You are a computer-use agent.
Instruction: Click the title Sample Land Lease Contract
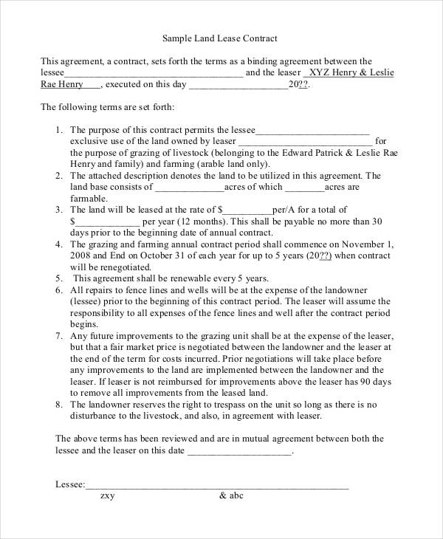(x=220, y=37)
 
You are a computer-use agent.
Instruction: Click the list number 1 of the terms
(x=59, y=129)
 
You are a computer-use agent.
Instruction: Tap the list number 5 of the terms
(x=59, y=279)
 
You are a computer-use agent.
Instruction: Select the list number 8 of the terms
(x=59, y=404)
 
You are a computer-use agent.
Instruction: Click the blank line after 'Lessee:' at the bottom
(x=217, y=485)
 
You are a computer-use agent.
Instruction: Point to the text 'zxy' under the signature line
(x=107, y=496)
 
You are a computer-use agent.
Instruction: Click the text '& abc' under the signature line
(x=231, y=496)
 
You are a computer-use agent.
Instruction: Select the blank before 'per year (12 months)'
(x=105, y=221)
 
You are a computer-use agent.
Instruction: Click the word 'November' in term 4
(x=356, y=244)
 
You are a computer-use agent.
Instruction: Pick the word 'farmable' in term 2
(x=88, y=198)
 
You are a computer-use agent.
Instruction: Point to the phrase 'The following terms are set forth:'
(x=107, y=107)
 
